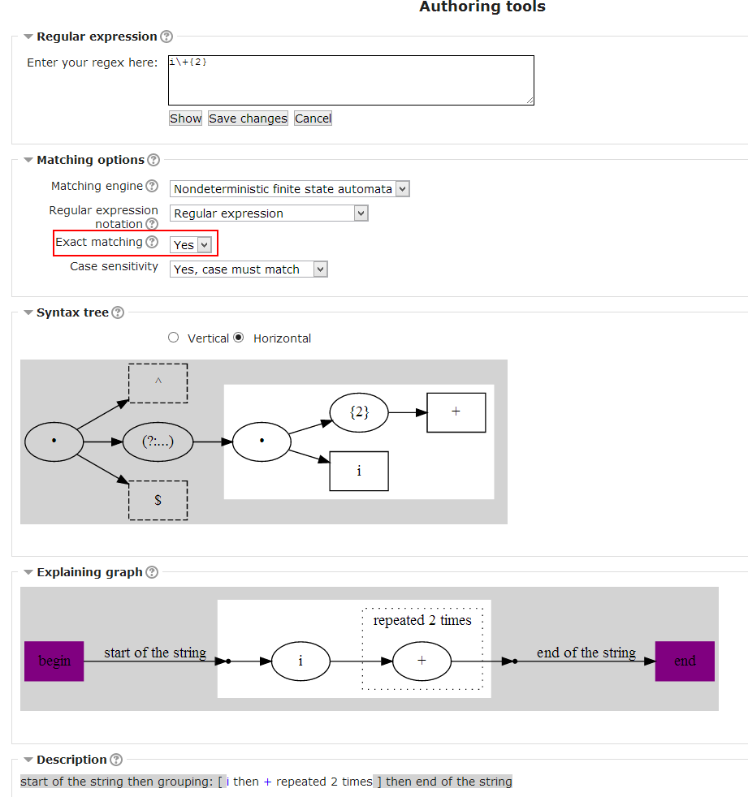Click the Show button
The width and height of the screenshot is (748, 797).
point(186,118)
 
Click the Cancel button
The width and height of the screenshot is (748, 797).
point(313,118)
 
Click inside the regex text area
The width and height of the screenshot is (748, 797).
point(351,80)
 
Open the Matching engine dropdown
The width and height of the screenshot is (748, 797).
point(289,189)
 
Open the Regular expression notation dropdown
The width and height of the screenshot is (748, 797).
point(269,213)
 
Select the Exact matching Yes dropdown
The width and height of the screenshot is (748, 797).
point(191,245)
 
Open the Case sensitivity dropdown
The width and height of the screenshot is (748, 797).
point(249,269)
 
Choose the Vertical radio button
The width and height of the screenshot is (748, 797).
point(174,338)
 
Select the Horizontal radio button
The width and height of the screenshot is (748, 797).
point(239,338)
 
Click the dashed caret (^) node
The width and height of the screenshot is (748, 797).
point(158,383)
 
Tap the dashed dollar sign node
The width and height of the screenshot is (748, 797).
point(158,500)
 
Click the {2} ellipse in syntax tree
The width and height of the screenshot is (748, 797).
point(359,412)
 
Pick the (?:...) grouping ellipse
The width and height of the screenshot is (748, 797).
point(158,442)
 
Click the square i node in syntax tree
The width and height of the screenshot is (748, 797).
point(359,472)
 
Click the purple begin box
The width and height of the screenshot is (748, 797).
point(54,661)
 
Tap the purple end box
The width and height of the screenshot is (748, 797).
point(685,661)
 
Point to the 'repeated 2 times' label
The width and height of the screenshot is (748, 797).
point(422,621)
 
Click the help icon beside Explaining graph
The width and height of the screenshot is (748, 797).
point(152,572)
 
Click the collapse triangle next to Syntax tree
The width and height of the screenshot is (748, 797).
point(28,312)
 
